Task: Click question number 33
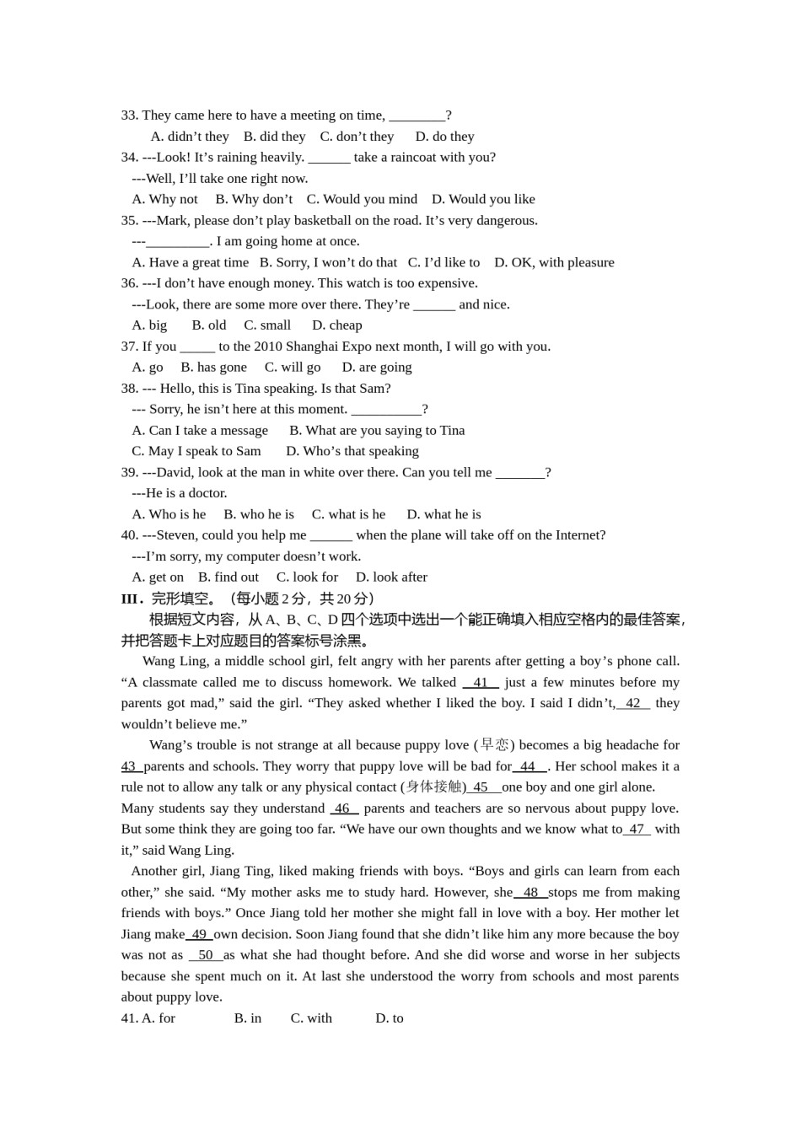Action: coord(130,115)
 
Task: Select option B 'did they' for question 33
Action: coord(275,137)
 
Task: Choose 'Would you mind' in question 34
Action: coord(362,199)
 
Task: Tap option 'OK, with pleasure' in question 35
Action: coord(554,262)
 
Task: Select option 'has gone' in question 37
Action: coord(214,368)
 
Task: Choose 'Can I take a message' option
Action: coord(200,430)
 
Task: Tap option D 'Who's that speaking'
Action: coord(352,451)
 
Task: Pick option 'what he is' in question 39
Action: coord(444,514)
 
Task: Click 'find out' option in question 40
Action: coord(228,577)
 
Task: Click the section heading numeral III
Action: coord(131,599)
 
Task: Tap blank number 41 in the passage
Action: coord(481,682)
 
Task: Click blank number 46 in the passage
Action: coord(342,808)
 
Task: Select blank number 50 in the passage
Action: coord(206,955)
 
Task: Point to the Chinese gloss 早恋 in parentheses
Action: coord(495,745)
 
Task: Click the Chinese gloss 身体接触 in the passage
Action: coord(434,787)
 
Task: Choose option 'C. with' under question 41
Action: coord(311,1018)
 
